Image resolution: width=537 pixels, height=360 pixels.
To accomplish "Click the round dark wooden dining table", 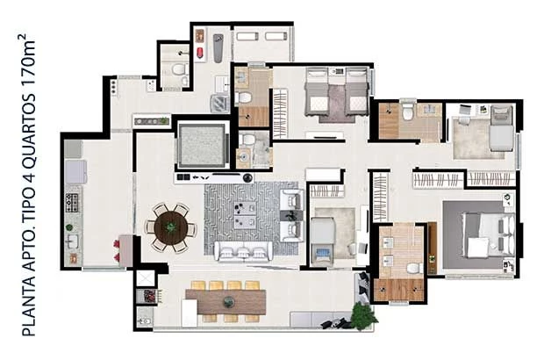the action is click(x=170, y=227).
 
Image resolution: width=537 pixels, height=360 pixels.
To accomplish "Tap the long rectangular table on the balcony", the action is click(x=226, y=302).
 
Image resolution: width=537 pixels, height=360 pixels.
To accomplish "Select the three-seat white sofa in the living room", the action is click(x=244, y=251).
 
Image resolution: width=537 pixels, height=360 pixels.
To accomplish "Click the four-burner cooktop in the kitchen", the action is click(x=72, y=202).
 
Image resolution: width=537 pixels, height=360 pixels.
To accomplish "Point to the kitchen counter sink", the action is click(x=72, y=241).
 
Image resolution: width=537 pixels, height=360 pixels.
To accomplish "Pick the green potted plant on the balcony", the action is click(x=364, y=316).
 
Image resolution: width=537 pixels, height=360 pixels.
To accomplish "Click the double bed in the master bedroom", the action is click(x=489, y=234).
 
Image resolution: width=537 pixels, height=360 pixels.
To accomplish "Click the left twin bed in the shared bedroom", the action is click(x=317, y=91).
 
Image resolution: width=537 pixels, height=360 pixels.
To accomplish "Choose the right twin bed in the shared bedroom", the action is click(x=356, y=91).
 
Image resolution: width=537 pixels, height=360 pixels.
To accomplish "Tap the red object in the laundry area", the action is click(x=200, y=53).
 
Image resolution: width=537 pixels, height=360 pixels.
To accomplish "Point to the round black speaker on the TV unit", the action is click(x=247, y=178).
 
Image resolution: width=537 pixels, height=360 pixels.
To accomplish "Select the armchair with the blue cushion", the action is click(x=322, y=256).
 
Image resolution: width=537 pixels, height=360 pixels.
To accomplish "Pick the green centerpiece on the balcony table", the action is click(x=229, y=302).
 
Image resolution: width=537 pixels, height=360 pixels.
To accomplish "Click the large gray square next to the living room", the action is click(x=202, y=146).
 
